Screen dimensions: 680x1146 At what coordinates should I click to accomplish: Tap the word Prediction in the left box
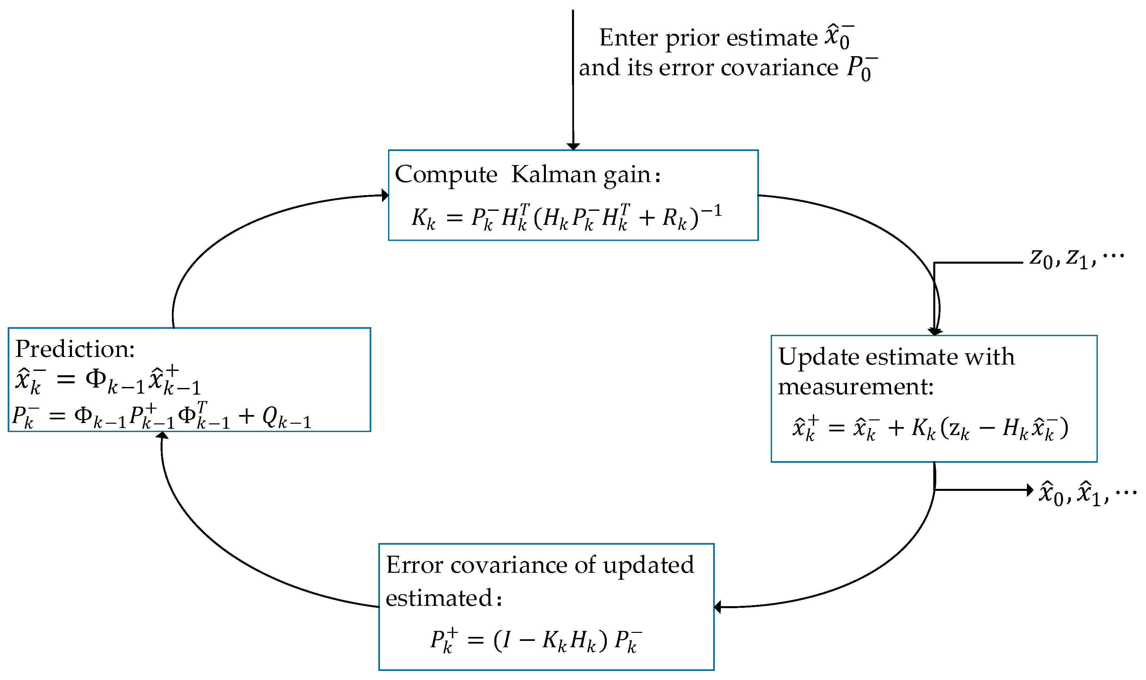click(75, 349)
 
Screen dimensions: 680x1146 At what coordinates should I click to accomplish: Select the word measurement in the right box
click(856, 386)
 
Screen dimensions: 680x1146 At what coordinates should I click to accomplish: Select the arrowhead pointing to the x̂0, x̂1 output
click(1030, 490)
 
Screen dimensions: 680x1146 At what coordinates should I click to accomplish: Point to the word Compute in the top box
click(446, 174)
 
